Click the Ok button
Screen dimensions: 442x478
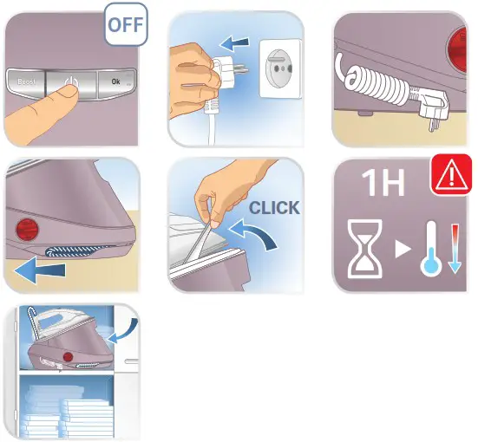coord(115,84)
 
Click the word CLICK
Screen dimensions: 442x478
coord(273,209)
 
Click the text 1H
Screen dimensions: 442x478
coord(379,185)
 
